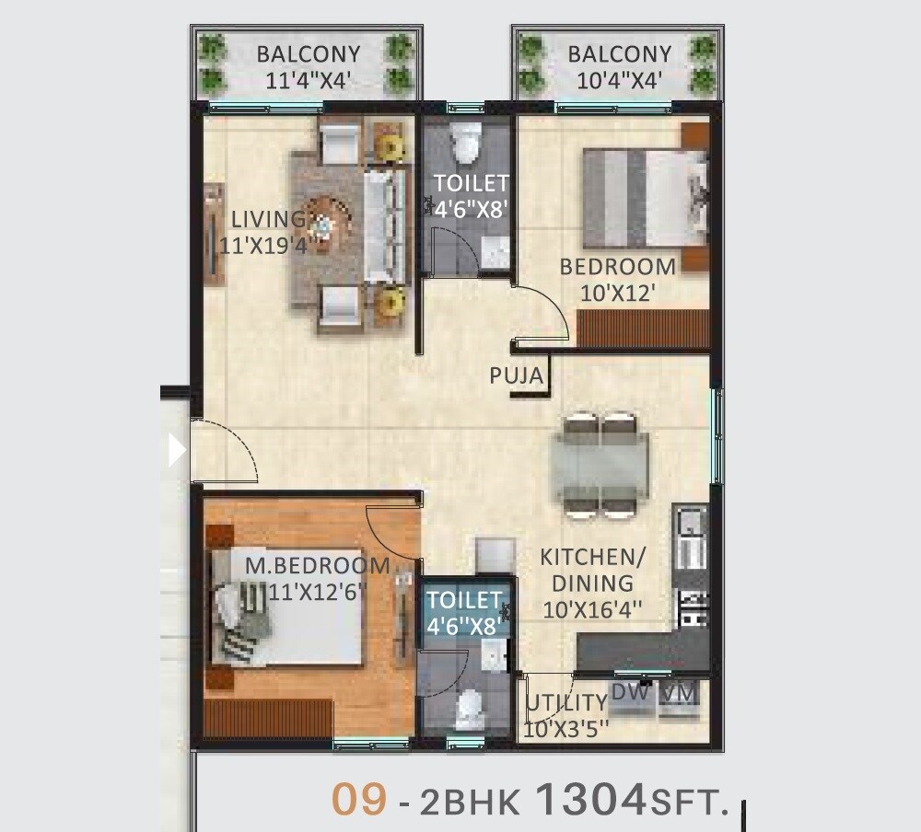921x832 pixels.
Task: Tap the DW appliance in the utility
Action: tap(630, 692)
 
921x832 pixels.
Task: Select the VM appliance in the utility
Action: tap(680, 692)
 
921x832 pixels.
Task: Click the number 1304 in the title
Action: tap(589, 800)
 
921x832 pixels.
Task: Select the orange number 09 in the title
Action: tap(359, 800)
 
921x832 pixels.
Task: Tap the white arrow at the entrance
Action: tap(177, 450)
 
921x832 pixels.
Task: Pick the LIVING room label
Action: tap(268, 220)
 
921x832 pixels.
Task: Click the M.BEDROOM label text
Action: tap(317, 565)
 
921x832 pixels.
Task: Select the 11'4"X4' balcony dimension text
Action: tap(309, 80)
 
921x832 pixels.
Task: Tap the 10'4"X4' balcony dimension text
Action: tap(619, 80)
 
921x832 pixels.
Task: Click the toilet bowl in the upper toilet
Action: tap(466, 141)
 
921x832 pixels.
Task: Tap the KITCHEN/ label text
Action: tap(592, 557)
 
